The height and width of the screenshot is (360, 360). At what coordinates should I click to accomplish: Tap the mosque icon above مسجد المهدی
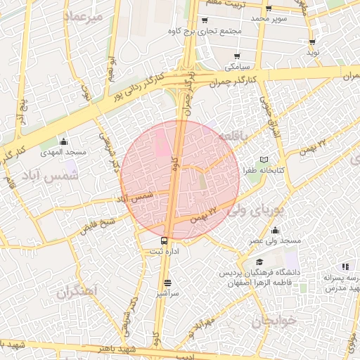pyautogui.click(x=64, y=142)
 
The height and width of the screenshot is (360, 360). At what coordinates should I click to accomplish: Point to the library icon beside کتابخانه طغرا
pyautogui.click(x=264, y=160)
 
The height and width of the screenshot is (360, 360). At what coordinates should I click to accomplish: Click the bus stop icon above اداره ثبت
pyautogui.click(x=165, y=240)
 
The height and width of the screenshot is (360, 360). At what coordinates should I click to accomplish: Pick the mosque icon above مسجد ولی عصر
pyautogui.click(x=274, y=231)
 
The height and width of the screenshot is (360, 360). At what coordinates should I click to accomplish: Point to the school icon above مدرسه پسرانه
pyautogui.click(x=345, y=266)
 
